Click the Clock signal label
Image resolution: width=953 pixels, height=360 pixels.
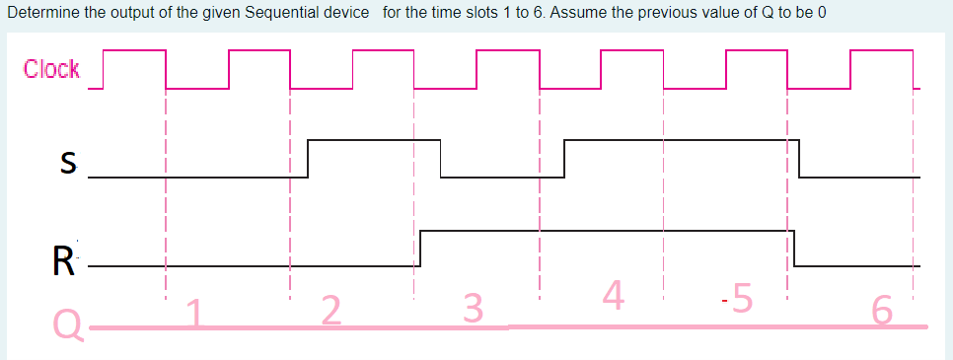[x=52, y=70]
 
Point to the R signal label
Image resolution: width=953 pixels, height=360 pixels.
[x=63, y=261]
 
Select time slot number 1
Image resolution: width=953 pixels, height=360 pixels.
[x=197, y=314]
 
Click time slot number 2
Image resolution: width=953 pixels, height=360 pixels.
[x=331, y=312]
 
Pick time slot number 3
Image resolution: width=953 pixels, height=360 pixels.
[x=474, y=310]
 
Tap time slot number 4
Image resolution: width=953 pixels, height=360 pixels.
[x=613, y=295]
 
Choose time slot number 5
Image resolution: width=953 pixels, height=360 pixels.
[x=742, y=297]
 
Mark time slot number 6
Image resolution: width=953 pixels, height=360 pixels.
[x=883, y=312]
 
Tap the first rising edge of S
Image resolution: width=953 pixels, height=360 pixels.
[x=309, y=159]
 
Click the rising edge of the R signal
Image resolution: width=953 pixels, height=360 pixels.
[x=420, y=248]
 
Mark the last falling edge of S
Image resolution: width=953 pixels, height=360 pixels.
[x=799, y=159]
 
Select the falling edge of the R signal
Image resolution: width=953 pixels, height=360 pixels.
[x=795, y=248]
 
